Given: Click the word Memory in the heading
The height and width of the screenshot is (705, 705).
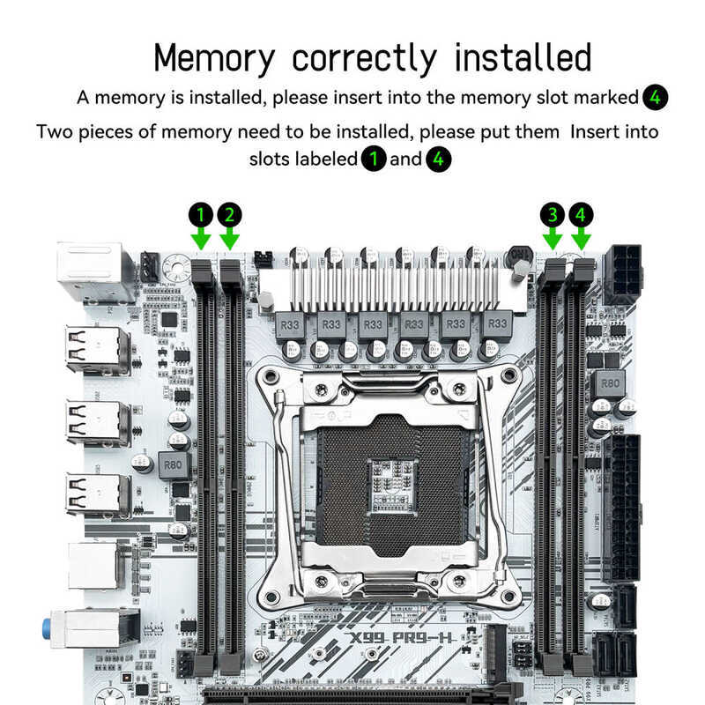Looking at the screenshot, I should coord(214,58).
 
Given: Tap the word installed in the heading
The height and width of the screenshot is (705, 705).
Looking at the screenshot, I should coord(523,58).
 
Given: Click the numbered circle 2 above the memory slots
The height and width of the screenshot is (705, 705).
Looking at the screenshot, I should coord(229,214).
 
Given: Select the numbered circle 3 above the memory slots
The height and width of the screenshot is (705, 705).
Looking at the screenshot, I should coord(553,214).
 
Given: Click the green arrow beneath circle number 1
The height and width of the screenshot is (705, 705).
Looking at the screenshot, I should coord(201,238).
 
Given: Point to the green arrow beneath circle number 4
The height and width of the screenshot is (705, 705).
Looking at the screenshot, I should coord(581,238).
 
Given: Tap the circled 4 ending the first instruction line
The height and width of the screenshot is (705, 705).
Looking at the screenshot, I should coord(655,97).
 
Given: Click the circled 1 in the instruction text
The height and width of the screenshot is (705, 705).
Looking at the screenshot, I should coord(374,160).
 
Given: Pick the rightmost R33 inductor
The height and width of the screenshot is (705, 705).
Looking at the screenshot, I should coord(497,324).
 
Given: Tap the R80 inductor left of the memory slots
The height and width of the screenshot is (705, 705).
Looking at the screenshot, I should coord(174,464).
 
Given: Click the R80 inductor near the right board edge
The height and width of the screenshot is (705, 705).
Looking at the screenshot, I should coord(608,383).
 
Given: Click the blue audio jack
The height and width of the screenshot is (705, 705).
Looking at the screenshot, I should coord(46,629).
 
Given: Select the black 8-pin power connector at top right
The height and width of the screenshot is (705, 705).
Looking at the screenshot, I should coord(621,273).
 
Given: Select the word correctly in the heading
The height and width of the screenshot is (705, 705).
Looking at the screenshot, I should coord(364,58).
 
